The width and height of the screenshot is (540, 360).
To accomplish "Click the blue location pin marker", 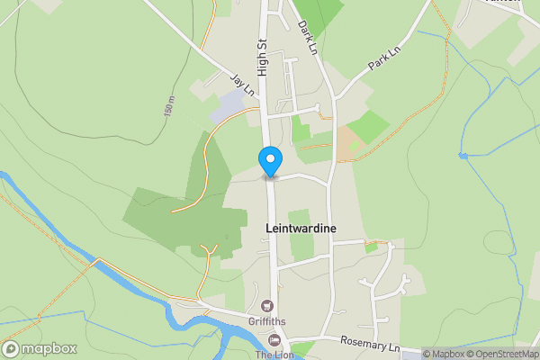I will [269, 161].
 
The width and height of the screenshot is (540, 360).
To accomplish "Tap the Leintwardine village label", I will [301, 229].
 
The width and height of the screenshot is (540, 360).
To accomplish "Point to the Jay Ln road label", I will [242, 85].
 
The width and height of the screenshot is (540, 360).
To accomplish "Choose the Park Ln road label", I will [382, 59].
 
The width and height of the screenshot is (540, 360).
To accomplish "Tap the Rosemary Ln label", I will [370, 345].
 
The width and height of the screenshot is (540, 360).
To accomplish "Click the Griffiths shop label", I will [267, 322].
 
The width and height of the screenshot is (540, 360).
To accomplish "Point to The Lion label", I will [274, 354].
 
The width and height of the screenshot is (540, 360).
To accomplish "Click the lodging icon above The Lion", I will [274, 339].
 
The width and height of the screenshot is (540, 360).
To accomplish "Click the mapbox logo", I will [37, 348].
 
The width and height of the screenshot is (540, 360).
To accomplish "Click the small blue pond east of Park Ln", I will [463, 156].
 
